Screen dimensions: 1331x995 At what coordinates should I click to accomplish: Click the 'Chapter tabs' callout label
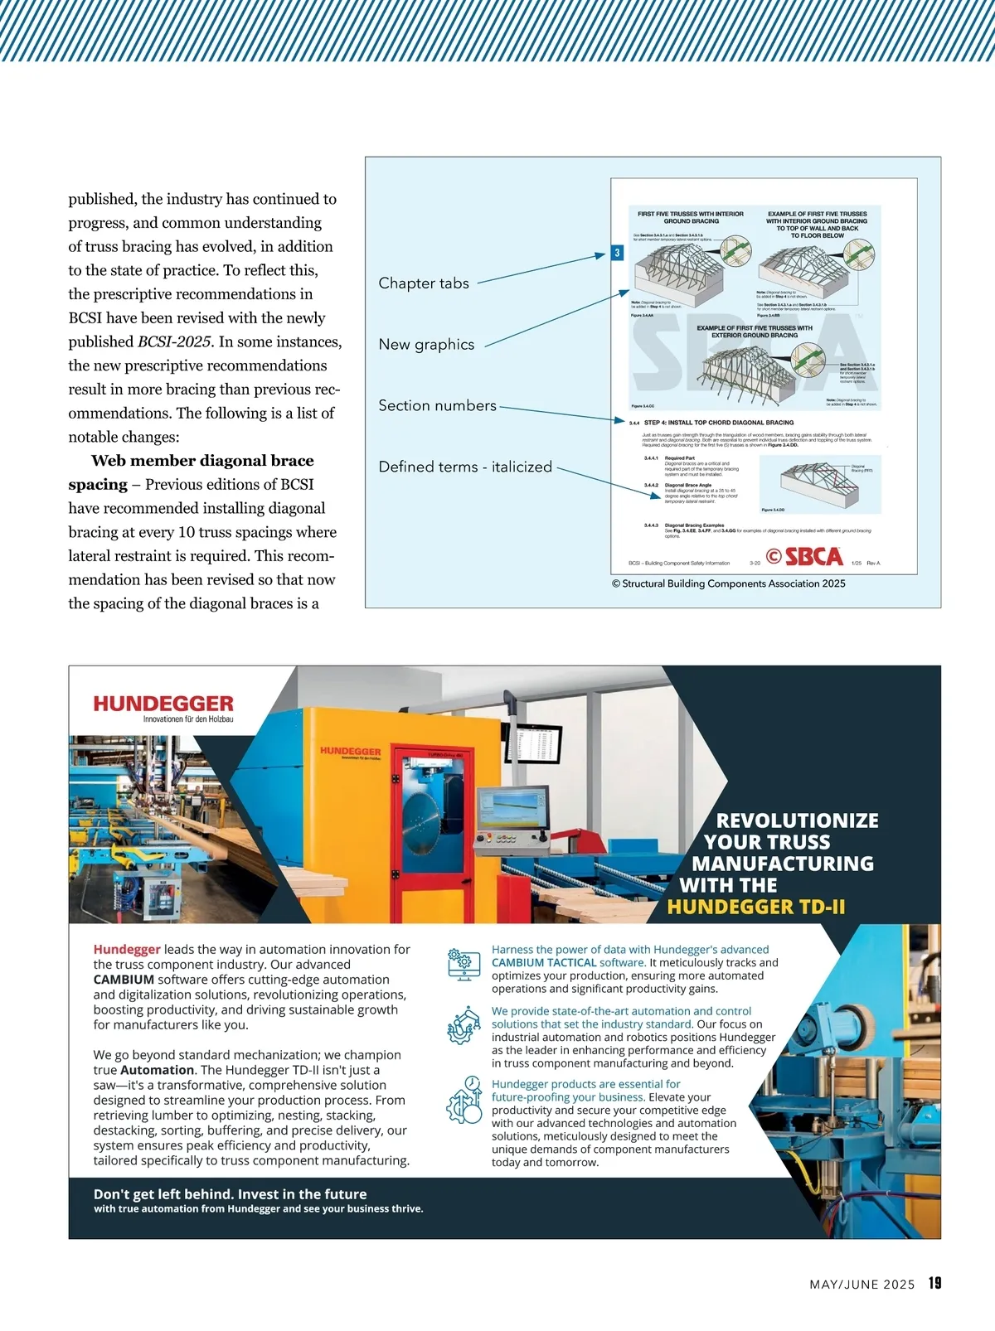424,283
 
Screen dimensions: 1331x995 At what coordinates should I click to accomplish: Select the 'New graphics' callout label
426,345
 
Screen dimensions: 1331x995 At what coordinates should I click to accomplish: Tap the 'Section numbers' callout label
437,406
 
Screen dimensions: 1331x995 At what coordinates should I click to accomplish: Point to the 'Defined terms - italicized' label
465,467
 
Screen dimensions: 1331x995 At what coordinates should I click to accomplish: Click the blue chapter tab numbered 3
617,253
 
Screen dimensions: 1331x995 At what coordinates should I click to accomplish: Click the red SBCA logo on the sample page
805,557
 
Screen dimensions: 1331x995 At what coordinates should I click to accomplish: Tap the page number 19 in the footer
934,1283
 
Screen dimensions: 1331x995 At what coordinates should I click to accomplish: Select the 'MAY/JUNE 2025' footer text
862,1285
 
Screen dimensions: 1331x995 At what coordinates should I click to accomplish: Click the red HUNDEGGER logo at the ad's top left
163,704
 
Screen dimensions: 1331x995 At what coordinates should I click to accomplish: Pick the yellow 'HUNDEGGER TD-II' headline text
756,907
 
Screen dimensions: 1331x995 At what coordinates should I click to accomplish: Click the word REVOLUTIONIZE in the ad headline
797,820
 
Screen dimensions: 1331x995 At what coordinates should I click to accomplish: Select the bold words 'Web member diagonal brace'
202,461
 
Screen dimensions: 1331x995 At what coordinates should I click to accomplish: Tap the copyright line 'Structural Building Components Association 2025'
729,583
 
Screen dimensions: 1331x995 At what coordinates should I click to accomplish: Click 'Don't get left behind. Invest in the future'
230,1194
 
